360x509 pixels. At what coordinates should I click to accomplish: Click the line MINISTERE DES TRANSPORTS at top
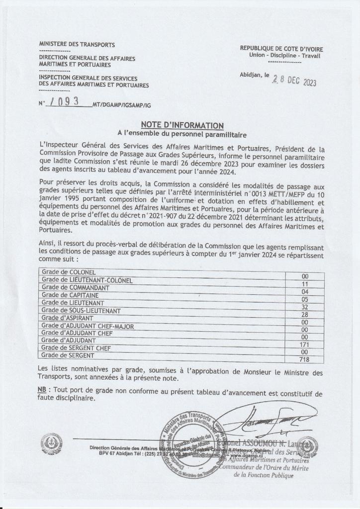pos(77,45)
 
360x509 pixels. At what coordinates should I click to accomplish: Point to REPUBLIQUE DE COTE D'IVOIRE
pos(281,49)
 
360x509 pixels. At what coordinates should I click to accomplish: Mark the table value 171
pos(305,344)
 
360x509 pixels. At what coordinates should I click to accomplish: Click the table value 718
pos(305,359)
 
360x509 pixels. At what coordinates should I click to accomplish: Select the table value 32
pos(305,307)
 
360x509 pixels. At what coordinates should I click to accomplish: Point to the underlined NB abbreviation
pos(43,389)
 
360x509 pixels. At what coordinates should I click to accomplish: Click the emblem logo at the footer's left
pos(52,442)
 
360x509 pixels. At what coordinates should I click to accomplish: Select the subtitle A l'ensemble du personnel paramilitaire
pos(182,134)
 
